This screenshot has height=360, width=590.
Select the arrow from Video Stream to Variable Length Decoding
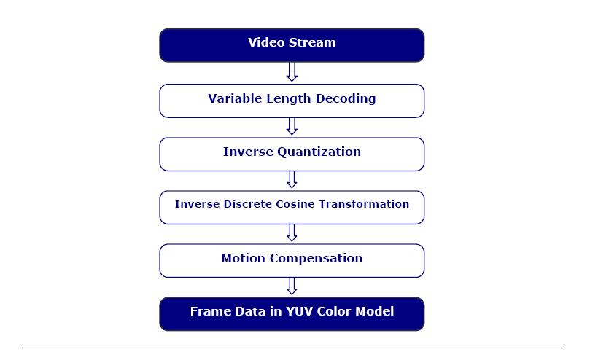292,71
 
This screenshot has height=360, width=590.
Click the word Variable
235,98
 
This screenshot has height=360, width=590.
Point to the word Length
289,99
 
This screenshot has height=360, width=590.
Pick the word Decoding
346,99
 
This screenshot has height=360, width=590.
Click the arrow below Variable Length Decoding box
292,126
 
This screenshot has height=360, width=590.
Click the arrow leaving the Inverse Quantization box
292,179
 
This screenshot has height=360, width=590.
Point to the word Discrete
247,204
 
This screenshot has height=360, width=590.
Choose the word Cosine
295,204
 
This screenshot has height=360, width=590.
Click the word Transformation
364,204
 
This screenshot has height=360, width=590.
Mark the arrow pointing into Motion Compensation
292,233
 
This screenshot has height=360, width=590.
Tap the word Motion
244,258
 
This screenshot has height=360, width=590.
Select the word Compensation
316,259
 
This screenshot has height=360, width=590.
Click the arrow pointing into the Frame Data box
292,286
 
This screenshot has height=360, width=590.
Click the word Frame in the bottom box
209,311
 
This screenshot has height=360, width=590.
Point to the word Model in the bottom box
375,311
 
